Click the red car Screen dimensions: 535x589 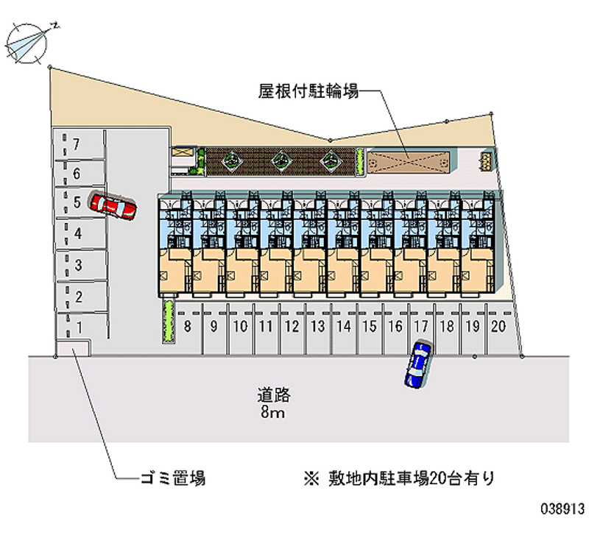pyautogui.click(x=113, y=206)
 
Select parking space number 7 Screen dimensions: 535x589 pyautogui.click(x=77, y=142)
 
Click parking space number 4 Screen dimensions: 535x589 pyautogui.click(x=78, y=233)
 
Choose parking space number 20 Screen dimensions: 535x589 pyautogui.click(x=498, y=325)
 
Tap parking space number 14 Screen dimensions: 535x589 pyautogui.click(x=342, y=325)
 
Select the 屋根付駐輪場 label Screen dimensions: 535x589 pyautogui.click(x=308, y=92)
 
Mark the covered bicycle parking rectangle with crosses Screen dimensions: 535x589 pyautogui.click(x=406, y=162)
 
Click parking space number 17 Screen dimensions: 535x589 pyautogui.click(x=420, y=325)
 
